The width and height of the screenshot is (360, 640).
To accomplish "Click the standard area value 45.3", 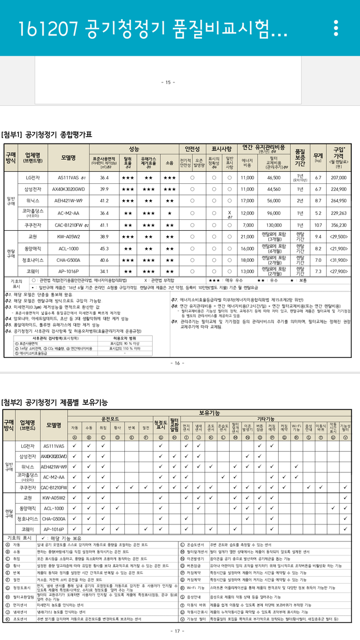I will pos(105,248).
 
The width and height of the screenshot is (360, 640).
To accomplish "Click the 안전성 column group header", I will pos(194,148).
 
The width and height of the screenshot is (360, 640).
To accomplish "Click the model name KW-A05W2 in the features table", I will pos(53,498).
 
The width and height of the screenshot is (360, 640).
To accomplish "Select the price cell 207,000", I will pos(339,177).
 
